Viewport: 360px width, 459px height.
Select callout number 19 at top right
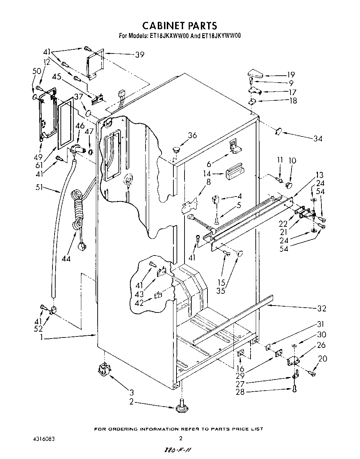coord(291,74)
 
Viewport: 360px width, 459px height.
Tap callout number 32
coord(322,308)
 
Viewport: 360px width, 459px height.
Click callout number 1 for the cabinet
coord(42,336)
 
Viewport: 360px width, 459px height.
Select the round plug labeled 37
coord(88,113)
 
